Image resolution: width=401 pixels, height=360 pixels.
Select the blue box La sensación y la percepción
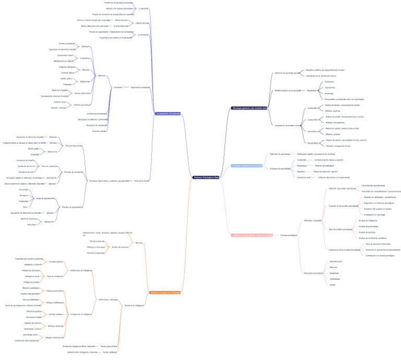(x=169, y=113)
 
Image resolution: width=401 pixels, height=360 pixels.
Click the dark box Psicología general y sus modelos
(x=249, y=108)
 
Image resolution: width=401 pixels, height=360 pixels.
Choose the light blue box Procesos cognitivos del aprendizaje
(x=246, y=166)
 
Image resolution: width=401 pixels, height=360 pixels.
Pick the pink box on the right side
(x=252, y=235)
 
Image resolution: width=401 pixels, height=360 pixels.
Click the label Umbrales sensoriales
(x=143, y=23)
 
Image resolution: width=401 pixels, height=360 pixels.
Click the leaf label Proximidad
(x=23, y=190)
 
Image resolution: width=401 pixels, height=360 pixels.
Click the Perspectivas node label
(x=312, y=90)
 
